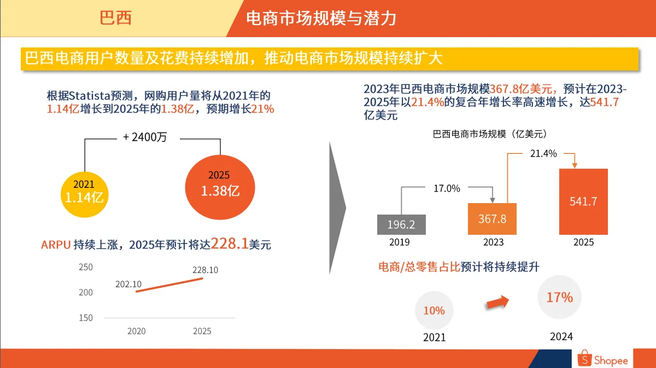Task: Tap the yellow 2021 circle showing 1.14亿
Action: click(x=84, y=192)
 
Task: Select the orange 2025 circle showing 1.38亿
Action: click(x=220, y=185)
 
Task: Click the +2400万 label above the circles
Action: click(x=145, y=138)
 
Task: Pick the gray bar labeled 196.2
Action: click(x=401, y=224)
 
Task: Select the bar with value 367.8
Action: click(x=492, y=218)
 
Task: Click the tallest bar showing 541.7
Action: click(x=583, y=201)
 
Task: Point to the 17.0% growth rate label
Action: click(x=447, y=188)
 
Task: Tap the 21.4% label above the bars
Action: click(x=543, y=153)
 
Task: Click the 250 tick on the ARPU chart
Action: click(x=86, y=267)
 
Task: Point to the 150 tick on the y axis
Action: click(x=86, y=318)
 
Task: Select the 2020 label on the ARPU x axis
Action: click(x=137, y=331)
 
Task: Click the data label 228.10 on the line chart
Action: click(x=205, y=270)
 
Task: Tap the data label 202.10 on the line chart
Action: click(x=128, y=284)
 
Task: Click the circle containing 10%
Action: click(x=434, y=310)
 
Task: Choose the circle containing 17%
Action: click(x=560, y=298)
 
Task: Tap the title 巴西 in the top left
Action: click(x=115, y=18)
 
